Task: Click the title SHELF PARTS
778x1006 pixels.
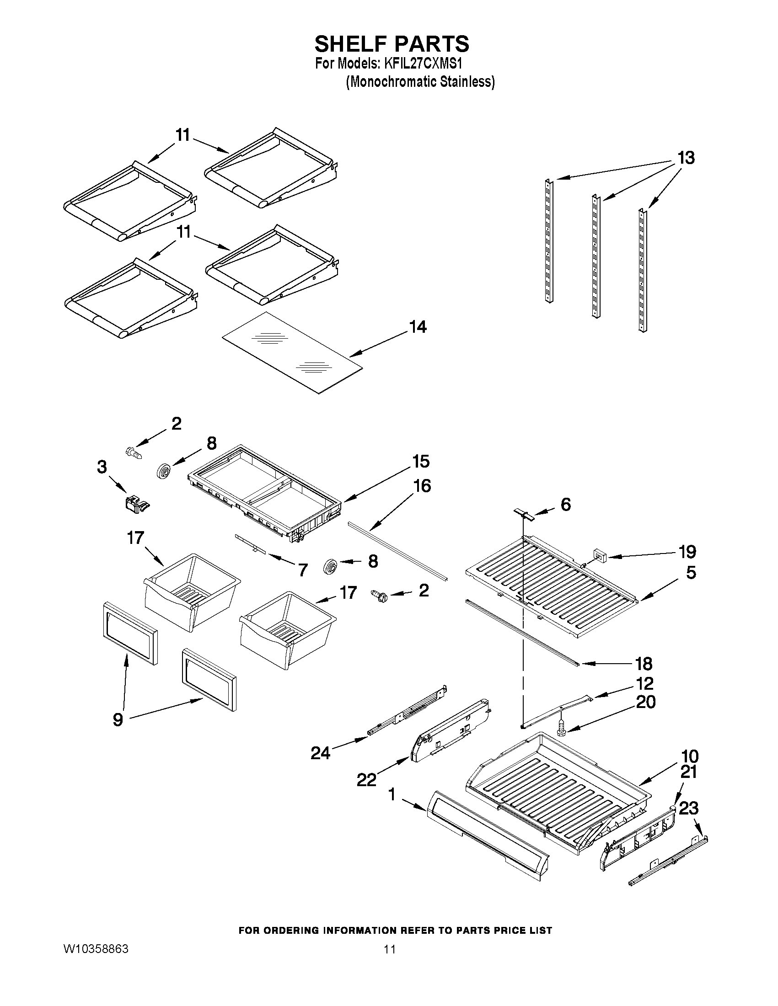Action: (392, 44)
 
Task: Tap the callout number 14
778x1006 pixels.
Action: (418, 327)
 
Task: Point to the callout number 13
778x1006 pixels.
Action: (686, 158)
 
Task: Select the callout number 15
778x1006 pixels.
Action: (421, 461)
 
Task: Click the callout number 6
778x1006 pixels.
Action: (565, 505)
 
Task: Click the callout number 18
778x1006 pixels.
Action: (644, 664)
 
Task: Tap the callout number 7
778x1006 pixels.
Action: (302, 570)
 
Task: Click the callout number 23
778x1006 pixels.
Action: (689, 808)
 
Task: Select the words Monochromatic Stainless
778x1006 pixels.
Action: (420, 81)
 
